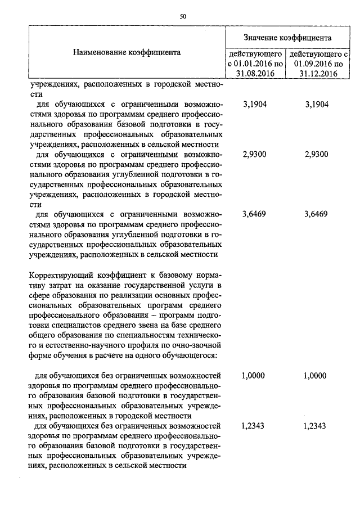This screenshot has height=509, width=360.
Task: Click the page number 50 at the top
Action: point(183,16)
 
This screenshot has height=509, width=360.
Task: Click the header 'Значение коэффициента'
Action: point(287,37)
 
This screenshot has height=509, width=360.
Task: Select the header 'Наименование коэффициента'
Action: point(127,52)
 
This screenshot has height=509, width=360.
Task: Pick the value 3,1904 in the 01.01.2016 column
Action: point(253,105)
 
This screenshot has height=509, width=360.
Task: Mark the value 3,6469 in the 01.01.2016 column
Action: point(253,214)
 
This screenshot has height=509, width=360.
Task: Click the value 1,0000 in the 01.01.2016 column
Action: point(253,376)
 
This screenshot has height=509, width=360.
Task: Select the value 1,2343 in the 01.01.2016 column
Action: point(253,426)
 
